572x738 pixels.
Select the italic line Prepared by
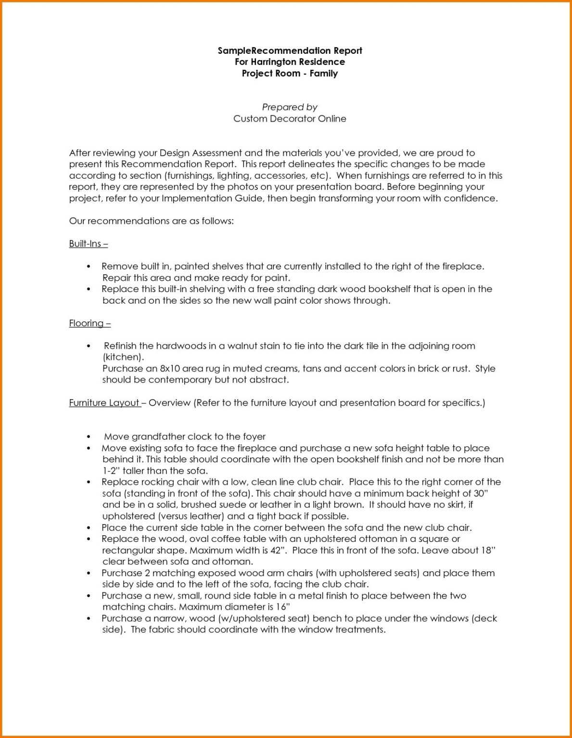(290, 107)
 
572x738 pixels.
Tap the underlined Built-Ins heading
(89, 244)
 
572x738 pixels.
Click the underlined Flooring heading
(90, 323)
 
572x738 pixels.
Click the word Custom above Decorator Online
(250, 119)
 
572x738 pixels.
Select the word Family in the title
(323, 74)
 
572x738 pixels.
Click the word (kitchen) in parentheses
(123, 357)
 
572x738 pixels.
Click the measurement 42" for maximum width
(276, 551)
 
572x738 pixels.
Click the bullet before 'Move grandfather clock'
(89, 437)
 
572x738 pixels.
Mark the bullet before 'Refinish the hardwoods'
(89, 346)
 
